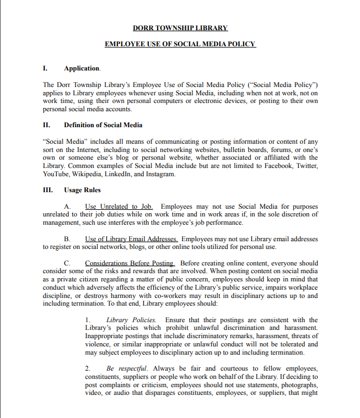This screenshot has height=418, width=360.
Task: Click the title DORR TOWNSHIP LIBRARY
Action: point(180,28)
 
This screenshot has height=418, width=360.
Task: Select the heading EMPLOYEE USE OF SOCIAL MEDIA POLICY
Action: point(180,44)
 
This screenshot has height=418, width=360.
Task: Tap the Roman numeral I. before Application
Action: point(45,68)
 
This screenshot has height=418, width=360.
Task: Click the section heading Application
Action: point(82,68)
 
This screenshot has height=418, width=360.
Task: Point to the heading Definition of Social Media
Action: point(103,125)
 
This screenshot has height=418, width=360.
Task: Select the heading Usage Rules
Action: point(82,190)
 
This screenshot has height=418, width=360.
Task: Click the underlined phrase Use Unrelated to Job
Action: point(119,207)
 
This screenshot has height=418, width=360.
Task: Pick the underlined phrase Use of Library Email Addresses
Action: point(131,239)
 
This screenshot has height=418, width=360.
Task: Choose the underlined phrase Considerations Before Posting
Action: point(130,263)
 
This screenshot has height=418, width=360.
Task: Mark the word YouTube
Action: point(56,174)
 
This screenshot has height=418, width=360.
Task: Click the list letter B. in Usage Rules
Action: point(67,239)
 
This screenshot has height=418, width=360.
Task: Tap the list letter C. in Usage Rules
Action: point(67,263)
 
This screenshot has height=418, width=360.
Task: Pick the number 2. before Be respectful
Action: point(88,368)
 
